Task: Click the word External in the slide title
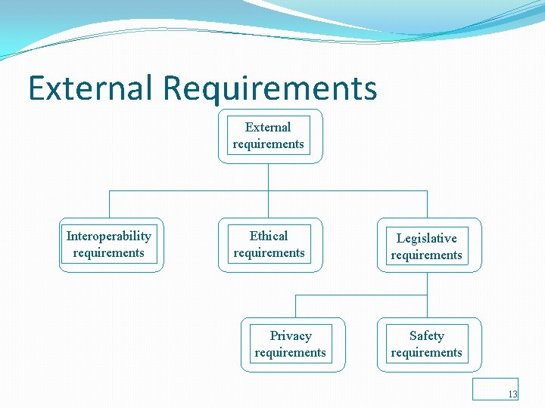(91, 88)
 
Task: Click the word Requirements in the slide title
(269, 88)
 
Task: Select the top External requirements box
(269, 136)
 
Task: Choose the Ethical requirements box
(269, 245)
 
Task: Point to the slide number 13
(512, 394)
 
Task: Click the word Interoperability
(109, 236)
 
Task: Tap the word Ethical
(269, 236)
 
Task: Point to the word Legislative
(427, 239)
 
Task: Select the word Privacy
(291, 336)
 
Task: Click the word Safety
(427, 336)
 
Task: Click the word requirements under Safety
(427, 353)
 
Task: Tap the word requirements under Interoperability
(109, 253)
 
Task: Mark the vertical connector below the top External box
(269, 177)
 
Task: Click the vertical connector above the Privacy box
(295, 305)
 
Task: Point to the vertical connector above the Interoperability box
(109, 204)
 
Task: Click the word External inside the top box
(268, 127)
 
